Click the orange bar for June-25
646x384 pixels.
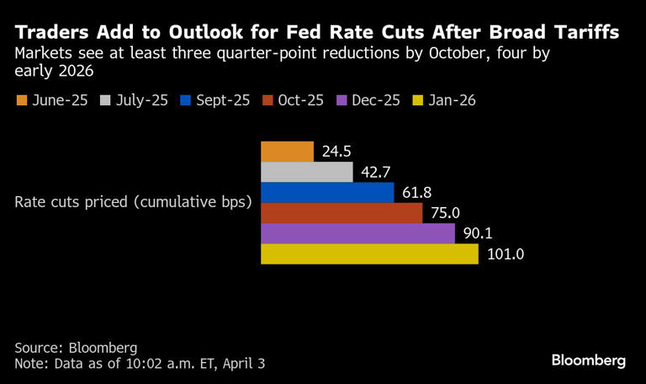coord(287,152)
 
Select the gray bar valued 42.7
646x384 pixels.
coord(307,172)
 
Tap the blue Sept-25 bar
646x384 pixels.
coord(327,193)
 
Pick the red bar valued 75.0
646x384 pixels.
coord(342,213)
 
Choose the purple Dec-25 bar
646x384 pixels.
coord(357,233)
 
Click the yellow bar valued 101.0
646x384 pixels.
coord(369,253)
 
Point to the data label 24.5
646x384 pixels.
coord(336,152)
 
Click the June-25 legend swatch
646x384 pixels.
coord(22,101)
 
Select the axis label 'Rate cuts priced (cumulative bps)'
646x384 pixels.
coord(134,203)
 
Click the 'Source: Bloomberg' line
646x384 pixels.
coord(76,347)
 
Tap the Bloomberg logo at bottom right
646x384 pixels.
coord(588,360)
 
